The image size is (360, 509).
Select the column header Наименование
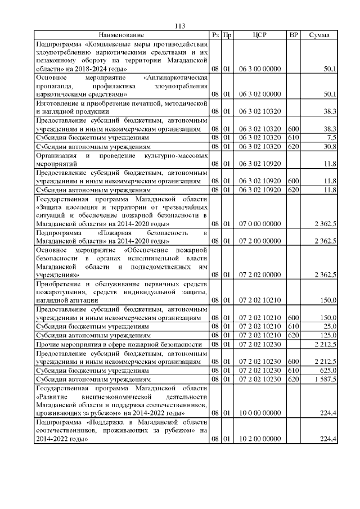(x=121, y=35)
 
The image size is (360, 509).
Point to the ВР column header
(x=293, y=35)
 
